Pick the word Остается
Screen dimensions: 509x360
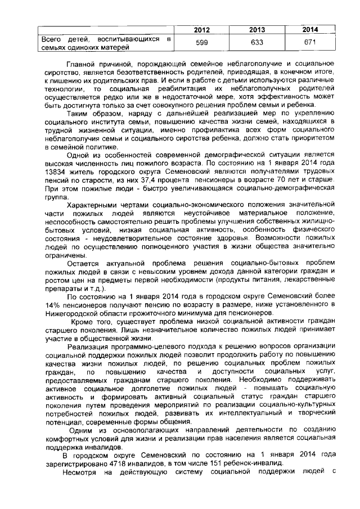[x=83, y=263]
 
